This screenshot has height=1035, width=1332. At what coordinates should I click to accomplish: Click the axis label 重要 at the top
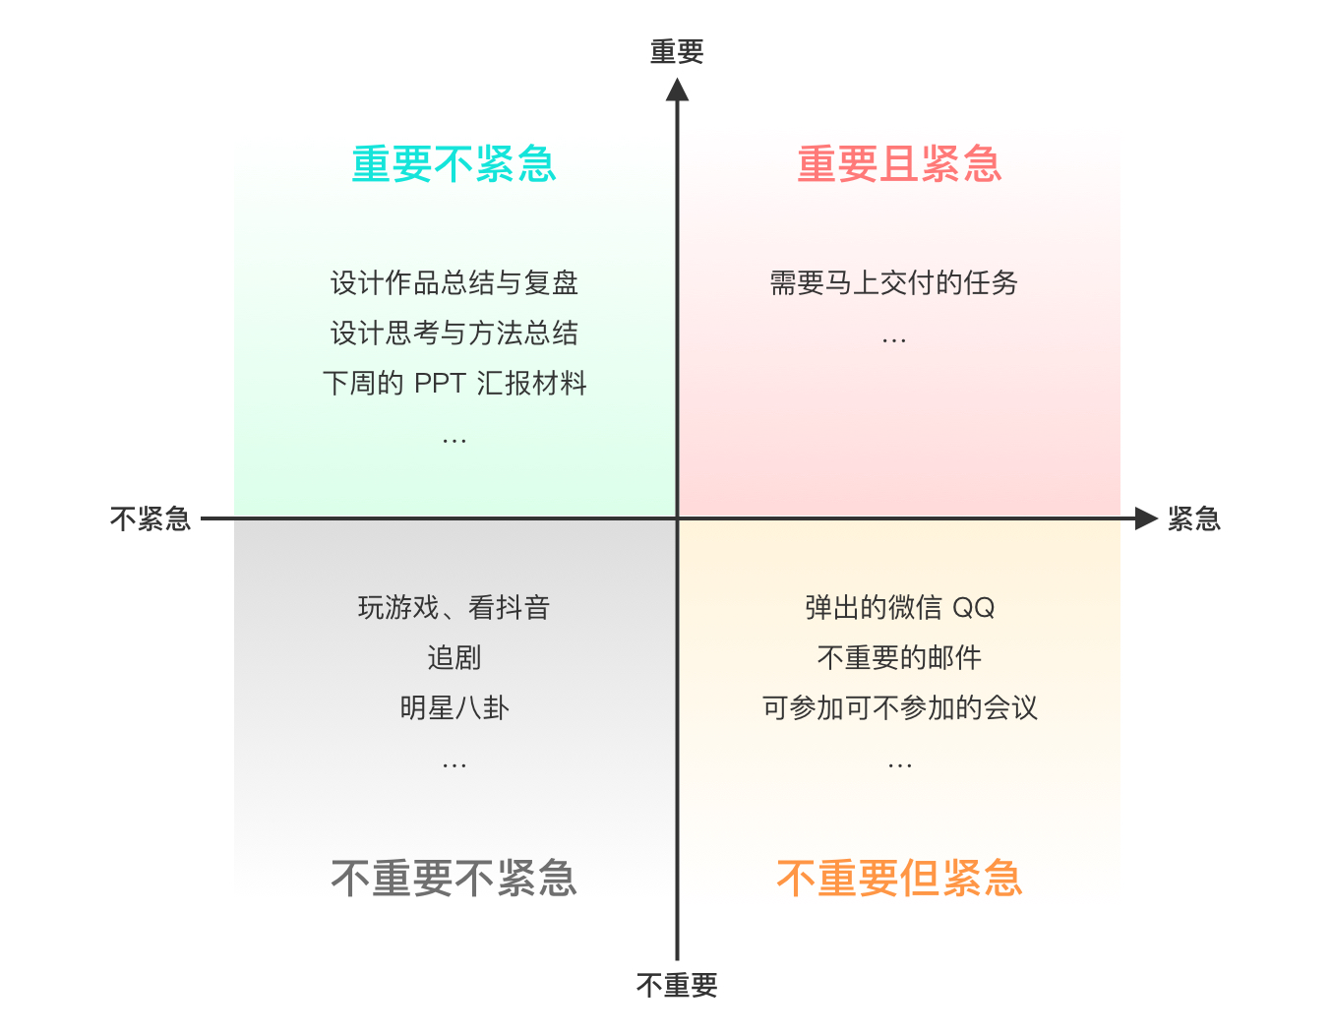(677, 52)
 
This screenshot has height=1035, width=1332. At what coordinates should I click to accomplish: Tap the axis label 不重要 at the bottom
(677, 985)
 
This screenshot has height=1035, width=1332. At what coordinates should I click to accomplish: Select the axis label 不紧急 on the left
(151, 518)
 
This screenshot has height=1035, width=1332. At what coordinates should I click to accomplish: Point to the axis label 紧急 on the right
(1193, 518)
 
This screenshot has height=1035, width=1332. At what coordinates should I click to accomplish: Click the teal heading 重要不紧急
(454, 164)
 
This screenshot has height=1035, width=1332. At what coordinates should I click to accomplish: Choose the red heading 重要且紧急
(899, 164)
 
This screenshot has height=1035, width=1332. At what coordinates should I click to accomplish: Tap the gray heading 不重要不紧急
(454, 878)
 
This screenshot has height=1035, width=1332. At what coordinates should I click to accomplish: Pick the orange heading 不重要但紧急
(899, 878)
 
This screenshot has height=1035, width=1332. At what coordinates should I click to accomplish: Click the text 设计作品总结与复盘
(454, 283)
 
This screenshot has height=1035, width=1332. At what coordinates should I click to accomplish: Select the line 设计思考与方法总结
(454, 334)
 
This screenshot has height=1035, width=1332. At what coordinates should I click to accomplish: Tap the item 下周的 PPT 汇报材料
(454, 383)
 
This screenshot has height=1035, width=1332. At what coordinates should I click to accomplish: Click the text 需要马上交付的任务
(893, 283)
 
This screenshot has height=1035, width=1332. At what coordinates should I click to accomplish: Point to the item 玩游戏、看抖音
(454, 608)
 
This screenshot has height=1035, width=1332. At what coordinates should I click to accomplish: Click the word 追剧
(454, 657)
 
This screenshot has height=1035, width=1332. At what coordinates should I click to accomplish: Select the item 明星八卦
(454, 707)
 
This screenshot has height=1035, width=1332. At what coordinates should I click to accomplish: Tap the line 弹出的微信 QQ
(899, 608)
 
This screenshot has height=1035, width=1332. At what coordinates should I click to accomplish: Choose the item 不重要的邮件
(899, 657)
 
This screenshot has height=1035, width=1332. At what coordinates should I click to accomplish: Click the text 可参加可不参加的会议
(899, 707)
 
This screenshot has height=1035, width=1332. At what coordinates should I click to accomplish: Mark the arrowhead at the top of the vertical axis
(677, 90)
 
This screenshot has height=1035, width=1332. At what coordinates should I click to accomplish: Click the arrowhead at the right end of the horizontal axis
(1145, 518)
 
